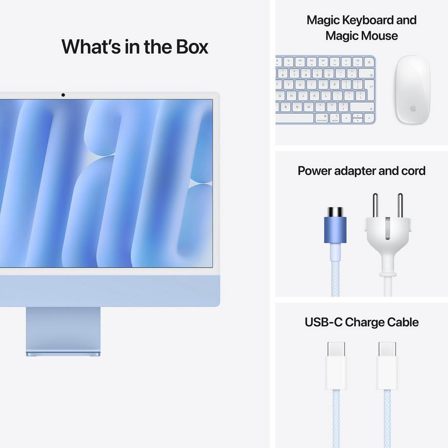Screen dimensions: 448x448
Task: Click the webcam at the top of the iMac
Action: pyautogui.click(x=63, y=94)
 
